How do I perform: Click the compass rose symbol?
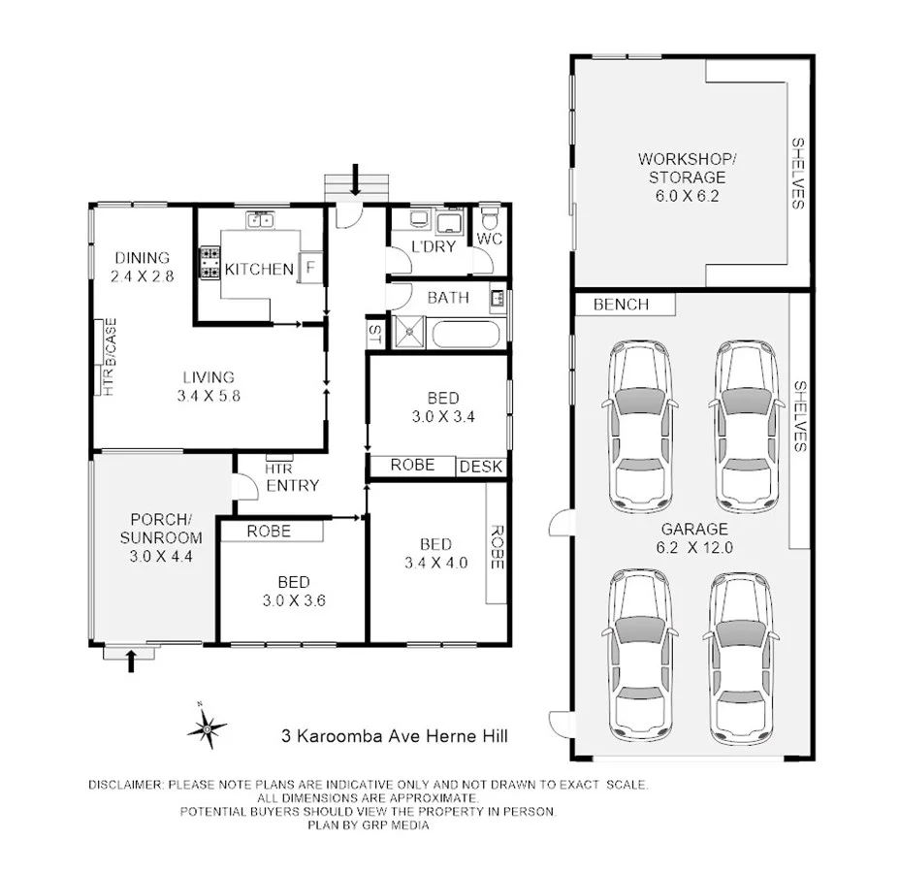point(207,727)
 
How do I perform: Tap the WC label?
point(488,238)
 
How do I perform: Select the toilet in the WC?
point(490,214)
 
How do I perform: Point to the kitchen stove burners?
point(209,261)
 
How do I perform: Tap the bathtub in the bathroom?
point(466,336)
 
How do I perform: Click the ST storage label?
point(374,334)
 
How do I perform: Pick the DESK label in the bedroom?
point(481,467)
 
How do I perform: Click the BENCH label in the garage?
point(621,305)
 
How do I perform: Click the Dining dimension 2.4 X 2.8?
point(143,276)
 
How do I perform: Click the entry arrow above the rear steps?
point(358,178)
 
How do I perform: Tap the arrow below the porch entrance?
point(132,660)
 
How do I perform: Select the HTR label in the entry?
point(278,468)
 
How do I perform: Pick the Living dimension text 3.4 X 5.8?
point(210,396)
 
